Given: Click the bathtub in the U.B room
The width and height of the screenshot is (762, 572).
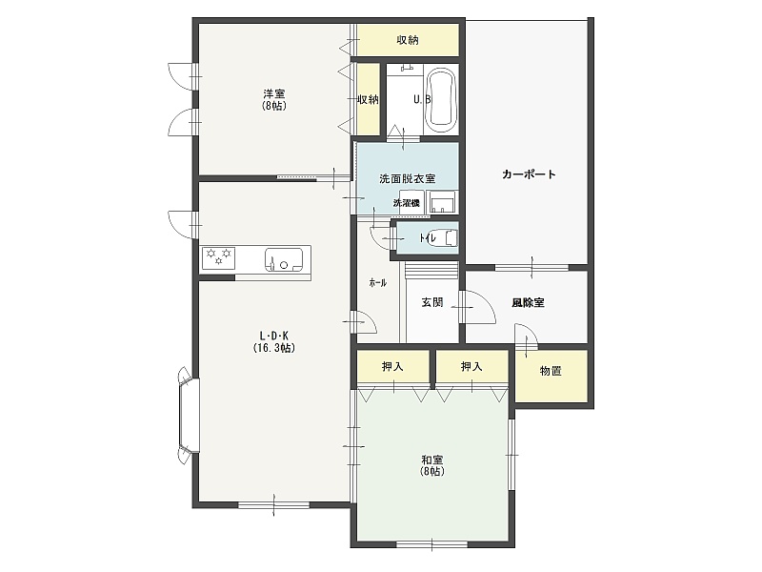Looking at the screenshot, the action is (440, 100).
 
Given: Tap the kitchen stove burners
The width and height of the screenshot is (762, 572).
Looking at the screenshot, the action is (219, 257).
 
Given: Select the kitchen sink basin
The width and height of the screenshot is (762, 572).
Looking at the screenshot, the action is (283, 259).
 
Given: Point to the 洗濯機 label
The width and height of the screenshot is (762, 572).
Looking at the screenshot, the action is (407, 203).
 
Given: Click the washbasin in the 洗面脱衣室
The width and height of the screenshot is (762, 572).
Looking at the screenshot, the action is (442, 202).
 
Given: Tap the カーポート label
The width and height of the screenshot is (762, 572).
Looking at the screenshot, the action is (529, 174).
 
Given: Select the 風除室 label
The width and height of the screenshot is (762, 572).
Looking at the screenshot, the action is (528, 302).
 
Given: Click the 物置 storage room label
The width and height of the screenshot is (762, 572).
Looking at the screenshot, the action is (551, 371).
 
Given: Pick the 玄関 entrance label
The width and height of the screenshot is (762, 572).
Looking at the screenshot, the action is (432, 302).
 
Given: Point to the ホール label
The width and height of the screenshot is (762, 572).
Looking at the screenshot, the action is (377, 282).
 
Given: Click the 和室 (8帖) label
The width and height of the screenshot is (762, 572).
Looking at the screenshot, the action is (432, 465).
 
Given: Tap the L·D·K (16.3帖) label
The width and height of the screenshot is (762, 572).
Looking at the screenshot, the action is (274, 342).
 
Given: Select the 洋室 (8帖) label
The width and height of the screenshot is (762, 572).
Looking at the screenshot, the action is (274, 99).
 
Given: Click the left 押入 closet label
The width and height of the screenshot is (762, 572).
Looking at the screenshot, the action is (392, 366).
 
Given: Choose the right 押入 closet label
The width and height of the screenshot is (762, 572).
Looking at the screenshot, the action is (471, 366).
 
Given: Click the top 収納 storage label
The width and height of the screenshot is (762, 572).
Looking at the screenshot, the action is (408, 40).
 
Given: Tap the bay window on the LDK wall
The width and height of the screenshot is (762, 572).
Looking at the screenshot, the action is (189, 416).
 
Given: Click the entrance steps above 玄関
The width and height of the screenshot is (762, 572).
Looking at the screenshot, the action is (432, 270).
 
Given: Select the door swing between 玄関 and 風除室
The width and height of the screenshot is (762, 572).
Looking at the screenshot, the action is (478, 306).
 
